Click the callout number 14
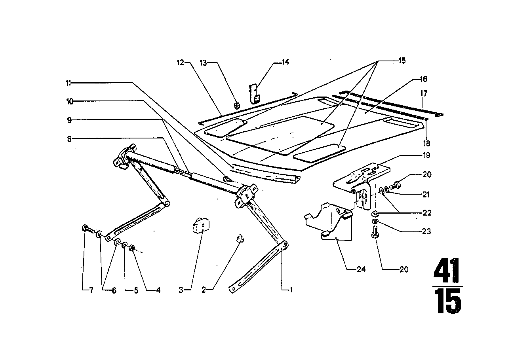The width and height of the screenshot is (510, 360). click(285, 62)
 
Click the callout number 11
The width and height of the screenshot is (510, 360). click(69, 83)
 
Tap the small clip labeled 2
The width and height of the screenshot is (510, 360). click(238, 238)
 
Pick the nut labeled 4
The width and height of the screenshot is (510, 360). click(132, 248)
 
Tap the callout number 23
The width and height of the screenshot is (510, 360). click(426, 231)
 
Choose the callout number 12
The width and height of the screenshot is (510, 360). click(181, 62)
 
